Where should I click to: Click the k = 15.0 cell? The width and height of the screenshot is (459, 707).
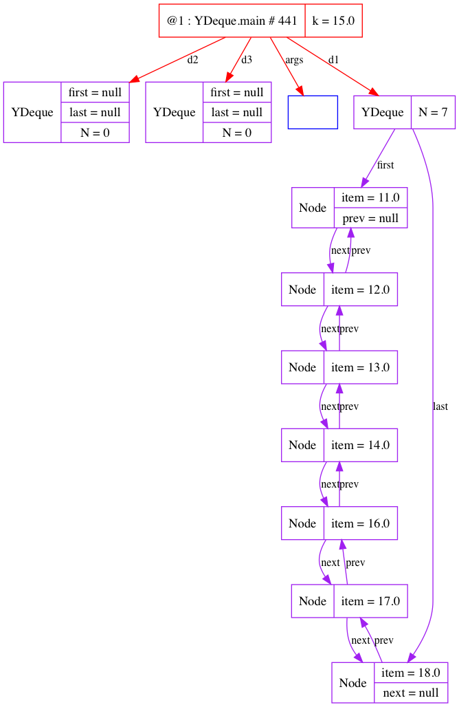point(333,21)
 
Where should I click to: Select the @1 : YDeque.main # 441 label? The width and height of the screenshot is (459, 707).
point(232,21)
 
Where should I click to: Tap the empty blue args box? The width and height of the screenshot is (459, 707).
point(313,112)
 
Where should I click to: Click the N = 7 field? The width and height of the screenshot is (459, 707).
point(433,112)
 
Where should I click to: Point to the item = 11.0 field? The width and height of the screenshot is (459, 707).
point(370,197)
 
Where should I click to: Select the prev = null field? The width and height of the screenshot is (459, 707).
point(370,218)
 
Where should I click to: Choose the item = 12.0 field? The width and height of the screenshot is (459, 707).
point(360,290)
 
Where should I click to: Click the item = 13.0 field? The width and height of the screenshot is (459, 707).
point(360,367)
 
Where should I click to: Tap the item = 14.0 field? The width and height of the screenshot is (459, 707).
point(360,445)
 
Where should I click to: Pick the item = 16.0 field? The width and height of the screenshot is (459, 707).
point(360,523)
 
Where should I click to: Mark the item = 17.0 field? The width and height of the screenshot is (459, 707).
point(370,601)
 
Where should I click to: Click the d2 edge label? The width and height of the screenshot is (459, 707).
point(192,60)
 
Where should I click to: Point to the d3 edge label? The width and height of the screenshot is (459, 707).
point(247,60)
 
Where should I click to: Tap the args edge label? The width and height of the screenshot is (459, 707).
point(294,61)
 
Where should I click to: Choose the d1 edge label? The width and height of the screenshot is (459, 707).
point(333,60)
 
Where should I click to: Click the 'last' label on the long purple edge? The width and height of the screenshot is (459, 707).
point(440,406)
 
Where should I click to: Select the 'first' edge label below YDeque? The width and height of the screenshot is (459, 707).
point(385,165)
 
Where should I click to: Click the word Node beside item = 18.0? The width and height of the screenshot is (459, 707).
point(353,682)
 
